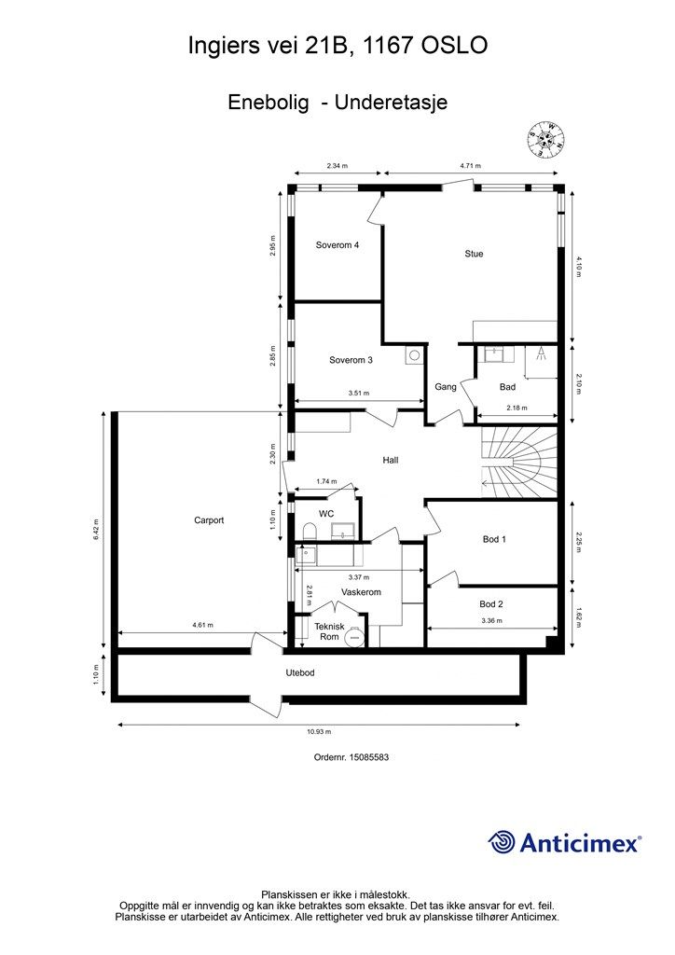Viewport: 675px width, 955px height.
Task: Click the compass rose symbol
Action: click(546, 139)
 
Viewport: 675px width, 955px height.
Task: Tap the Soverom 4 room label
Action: click(337, 245)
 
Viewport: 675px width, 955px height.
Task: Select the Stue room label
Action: click(474, 254)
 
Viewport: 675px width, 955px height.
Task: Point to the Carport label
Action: click(209, 520)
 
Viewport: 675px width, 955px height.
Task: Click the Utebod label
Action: click(300, 672)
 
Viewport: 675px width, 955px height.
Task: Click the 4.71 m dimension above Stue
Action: click(470, 165)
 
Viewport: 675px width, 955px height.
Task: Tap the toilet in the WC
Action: click(310, 531)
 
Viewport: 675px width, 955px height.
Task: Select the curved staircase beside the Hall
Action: click(519, 462)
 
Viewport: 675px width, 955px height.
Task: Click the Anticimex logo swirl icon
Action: click(502, 842)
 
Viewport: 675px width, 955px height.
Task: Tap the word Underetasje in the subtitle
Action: click(391, 102)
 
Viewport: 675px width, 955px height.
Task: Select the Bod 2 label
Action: click(491, 603)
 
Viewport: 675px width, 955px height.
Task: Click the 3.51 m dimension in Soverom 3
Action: click(359, 393)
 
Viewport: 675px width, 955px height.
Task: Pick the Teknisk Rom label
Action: click(329, 631)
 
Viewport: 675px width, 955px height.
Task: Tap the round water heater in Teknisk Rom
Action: click(354, 637)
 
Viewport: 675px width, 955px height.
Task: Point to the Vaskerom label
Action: click(361, 592)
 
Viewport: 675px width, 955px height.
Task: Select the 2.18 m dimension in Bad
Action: click(517, 408)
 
